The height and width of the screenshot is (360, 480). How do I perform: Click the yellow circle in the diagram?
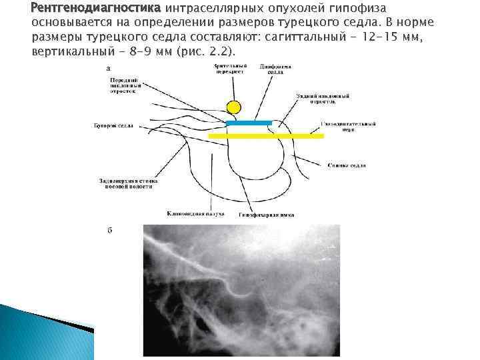coord(233,107)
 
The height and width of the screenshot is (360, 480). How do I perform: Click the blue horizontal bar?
coord(249,123)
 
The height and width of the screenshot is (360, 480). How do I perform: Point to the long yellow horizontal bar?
coord(266,135)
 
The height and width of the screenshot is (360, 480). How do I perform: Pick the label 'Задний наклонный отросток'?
coord(323,99)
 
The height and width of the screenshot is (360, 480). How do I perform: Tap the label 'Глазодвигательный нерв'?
coord(349,127)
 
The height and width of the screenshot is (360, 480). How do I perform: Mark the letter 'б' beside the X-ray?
coord(109,231)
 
